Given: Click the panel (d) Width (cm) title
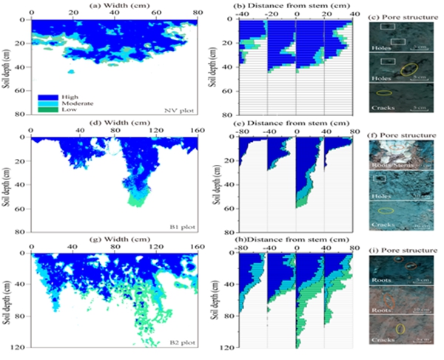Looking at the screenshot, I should (x=114, y=123).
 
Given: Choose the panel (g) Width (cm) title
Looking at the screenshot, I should (x=114, y=242).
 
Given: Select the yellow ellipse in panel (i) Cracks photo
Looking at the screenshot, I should (x=400, y=327).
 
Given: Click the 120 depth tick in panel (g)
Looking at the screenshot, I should (x=22, y=347).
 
